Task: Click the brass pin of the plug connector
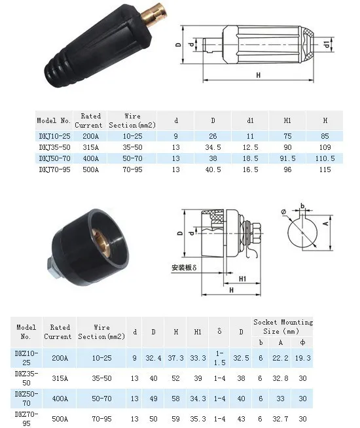pos(154,14)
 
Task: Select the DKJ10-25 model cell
pos(54,136)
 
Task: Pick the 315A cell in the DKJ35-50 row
pos(90,147)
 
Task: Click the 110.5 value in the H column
pos(325,158)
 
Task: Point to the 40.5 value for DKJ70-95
pos(213,169)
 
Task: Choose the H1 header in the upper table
pos(287,120)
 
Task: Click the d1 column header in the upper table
pos(250,120)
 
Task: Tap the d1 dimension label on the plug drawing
pos(327,45)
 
